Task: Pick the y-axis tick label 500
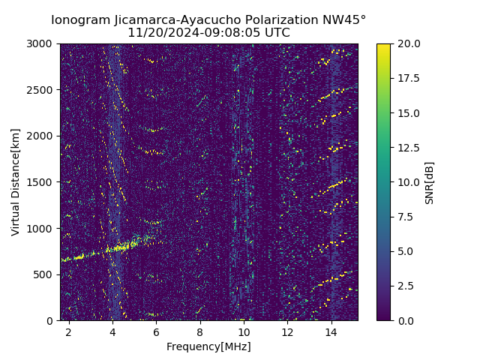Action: [44, 274]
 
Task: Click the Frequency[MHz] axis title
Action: [208, 346]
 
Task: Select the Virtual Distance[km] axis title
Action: [16, 182]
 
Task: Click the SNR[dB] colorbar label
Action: [430, 182]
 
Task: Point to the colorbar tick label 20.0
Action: [409, 43]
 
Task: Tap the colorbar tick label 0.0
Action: [406, 320]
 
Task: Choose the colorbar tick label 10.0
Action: [409, 182]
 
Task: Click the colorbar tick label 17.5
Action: [409, 78]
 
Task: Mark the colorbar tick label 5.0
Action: [406, 251]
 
